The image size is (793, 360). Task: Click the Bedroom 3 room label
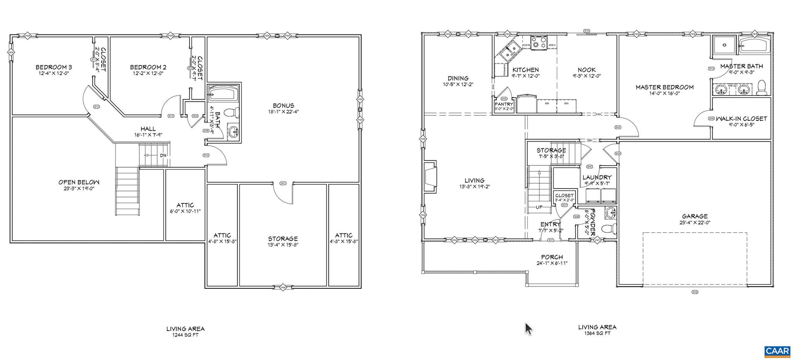(x=53, y=67)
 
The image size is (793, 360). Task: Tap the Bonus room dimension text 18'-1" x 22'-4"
(x=283, y=111)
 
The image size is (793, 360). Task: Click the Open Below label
(x=79, y=182)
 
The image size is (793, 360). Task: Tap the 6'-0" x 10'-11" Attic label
(x=185, y=205)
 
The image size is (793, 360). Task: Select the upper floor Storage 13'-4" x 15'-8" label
(x=283, y=239)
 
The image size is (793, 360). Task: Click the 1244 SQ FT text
(x=185, y=335)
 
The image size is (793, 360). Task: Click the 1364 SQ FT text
(x=597, y=333)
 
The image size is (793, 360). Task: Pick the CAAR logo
(x=777, y=351)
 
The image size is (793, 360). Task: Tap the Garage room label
(x=695, y=216)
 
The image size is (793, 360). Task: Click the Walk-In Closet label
(x=741, y=119)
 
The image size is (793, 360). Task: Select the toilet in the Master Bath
(x=762, y=87)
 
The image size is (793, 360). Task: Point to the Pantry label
(x=504, y=104)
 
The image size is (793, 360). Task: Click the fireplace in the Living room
(x=430, y=177)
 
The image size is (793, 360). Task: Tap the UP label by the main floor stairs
(x=539, y=207)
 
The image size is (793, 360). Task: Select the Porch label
(x=552, y=257)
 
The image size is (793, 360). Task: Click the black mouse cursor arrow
(x=528, y=329)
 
